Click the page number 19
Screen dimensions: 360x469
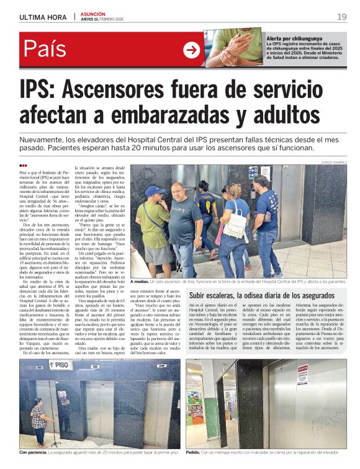pos(342,17)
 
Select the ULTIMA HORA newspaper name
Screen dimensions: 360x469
pos(43,17)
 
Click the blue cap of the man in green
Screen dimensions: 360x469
pos(155,191)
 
